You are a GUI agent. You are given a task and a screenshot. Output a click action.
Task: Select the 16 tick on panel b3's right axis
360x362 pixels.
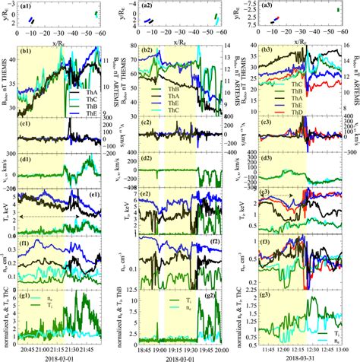point(349,47)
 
